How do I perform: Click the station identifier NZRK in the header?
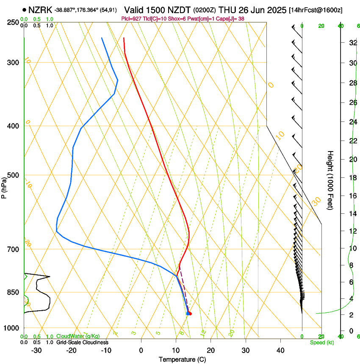[x=40, y=10]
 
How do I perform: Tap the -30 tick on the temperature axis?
[x=36, y=350]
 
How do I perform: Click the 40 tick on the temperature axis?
[x=280, y=350]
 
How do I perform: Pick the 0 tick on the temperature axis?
[x=141, y=350]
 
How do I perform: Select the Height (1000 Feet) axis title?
[x=330, y=180]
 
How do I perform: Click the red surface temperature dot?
[x=190, y=314]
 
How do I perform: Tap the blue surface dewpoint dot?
[x=188, y=314]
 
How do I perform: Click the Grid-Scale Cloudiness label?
[x=82, y=342]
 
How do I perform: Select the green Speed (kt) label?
[x=321, y=342]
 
